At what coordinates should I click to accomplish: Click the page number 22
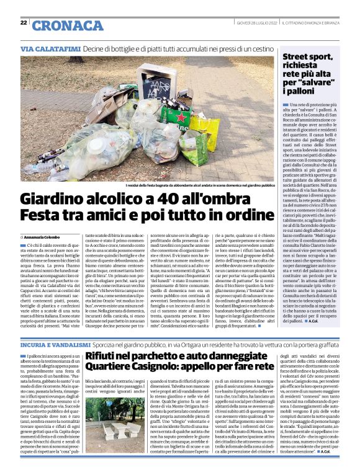(23, 23)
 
